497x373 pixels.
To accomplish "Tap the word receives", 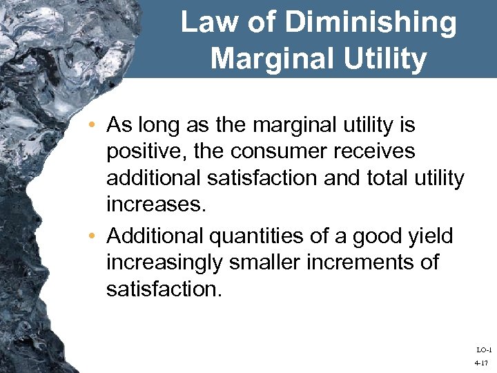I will [x=384, y=152].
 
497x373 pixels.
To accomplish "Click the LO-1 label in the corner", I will [x=483, y=350].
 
